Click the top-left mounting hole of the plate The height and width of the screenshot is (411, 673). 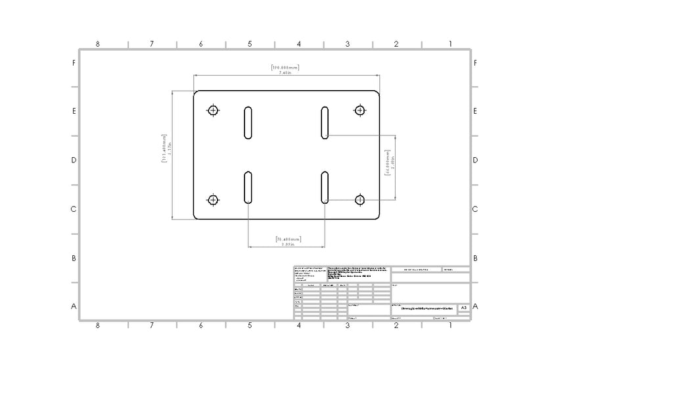212,110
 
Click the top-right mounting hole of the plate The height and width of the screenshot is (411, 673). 360,110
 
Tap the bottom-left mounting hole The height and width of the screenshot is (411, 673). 212,200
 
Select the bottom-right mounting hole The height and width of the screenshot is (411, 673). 360,200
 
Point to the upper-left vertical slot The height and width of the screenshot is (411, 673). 248,122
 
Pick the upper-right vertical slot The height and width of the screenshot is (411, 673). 325,122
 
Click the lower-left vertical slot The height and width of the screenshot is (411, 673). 248,187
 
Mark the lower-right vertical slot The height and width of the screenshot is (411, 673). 325,187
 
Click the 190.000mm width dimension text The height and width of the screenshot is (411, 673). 285,67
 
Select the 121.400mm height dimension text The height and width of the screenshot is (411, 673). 164,155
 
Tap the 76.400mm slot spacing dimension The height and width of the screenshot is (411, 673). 287,239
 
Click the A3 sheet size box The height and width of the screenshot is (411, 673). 463,308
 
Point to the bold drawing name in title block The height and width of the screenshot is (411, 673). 427,308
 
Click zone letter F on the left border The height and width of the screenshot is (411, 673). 74,63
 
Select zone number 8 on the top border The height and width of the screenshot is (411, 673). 97,44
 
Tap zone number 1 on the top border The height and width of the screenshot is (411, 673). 450,44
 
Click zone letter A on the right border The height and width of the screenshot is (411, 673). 475,306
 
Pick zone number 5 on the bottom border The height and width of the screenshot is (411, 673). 250,326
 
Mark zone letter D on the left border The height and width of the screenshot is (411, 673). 74,160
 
